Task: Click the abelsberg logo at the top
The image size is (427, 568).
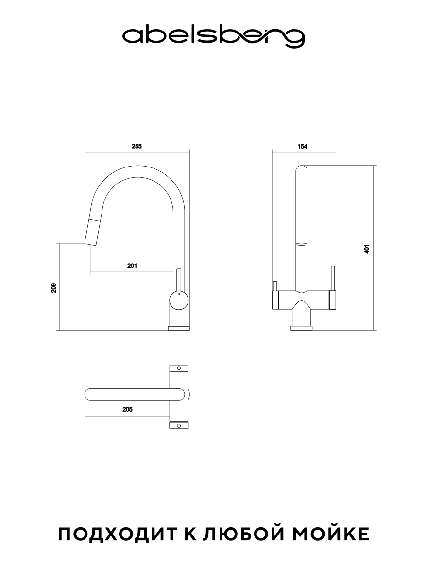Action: tap(213, 36)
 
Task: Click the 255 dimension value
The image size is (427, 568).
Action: tap(137, 146)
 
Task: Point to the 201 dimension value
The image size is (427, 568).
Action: tap(132, 266)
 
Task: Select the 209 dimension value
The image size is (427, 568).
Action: tap(54, 287)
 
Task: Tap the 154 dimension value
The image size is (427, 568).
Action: tap(302, 146)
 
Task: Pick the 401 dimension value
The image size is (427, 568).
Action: tap(367, 249)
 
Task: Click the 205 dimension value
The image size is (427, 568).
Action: tap(127, 409)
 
